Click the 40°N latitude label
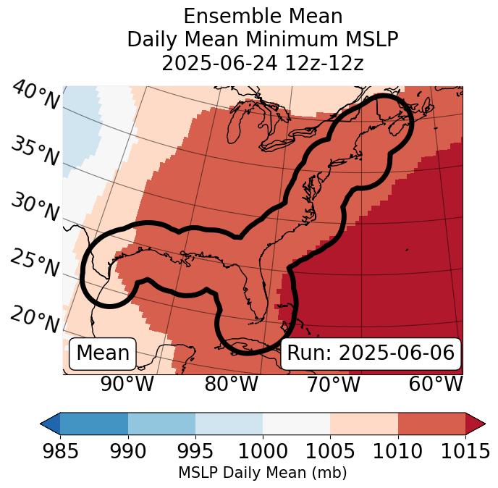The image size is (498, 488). click(x=35, y=96)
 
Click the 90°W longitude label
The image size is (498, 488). click(x=127, y=384)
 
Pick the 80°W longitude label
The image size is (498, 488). click(x=231, y=384)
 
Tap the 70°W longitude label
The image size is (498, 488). click(x=333, y=384)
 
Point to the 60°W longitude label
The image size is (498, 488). click(x=435, y=384)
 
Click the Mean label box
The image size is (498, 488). click(x=103, y=353)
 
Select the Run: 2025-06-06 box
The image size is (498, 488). click(x=371, y=353)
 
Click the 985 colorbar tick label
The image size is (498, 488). click(x=60, y=451)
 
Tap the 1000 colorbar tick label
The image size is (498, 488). click(x=263, y=451)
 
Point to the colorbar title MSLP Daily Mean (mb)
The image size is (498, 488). click(x=262, y=473)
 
